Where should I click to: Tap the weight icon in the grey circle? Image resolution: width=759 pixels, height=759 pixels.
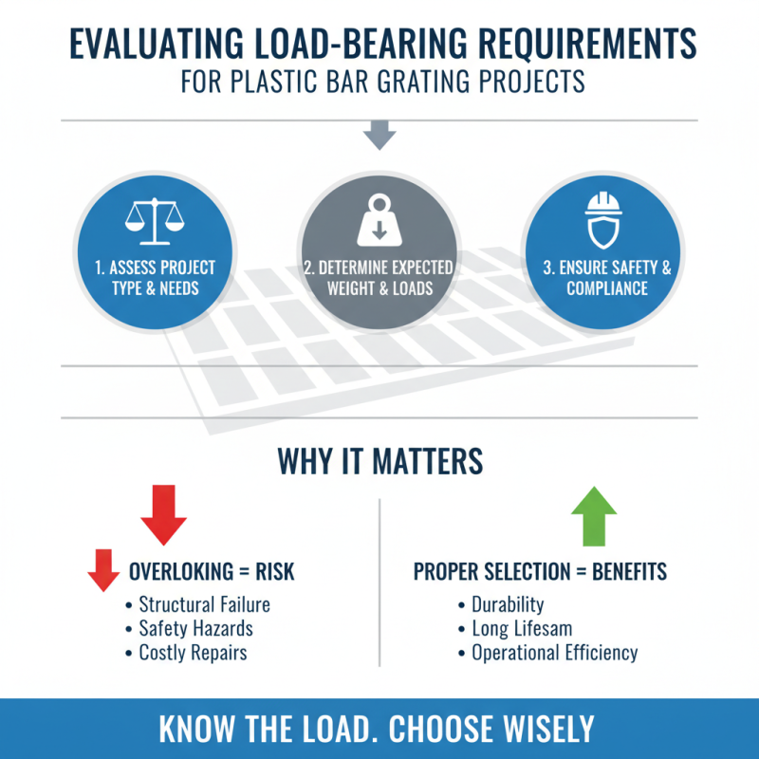pos(379,220)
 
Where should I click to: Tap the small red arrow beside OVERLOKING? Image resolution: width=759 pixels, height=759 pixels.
pos(103,570)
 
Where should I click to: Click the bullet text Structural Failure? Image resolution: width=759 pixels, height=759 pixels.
pos(204,604)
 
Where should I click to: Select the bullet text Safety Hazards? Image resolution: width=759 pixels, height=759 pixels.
pos(195,628)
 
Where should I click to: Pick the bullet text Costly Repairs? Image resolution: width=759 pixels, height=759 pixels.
pos(193,653)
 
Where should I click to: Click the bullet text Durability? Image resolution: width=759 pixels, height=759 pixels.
pos(508,604)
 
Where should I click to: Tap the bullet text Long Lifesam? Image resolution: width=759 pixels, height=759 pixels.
pos(522,628)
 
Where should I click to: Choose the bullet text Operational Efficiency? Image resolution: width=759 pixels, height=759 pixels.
pos(555,653)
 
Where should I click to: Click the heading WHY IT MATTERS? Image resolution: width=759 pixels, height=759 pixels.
pos(379,461)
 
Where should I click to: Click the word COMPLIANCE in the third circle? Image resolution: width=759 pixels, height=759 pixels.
pos(607,287)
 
